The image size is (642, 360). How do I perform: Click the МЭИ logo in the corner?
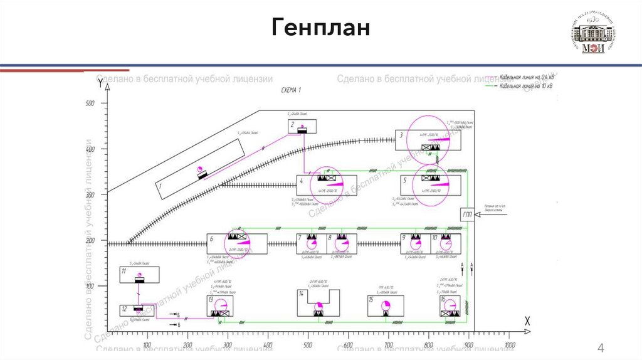(x=593, y=34)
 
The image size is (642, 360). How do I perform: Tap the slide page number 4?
(x=601, y=349)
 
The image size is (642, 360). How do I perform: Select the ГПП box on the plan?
(x=468, y=215)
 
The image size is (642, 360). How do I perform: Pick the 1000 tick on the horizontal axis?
(x=511, y=345)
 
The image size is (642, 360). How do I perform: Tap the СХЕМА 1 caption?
(x=291, y=91)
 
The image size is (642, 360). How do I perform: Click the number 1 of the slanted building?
(x=160, y=186)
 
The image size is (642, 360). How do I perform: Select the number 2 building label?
(x=292, y=125)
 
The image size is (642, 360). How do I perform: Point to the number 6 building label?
(x=212, y=238)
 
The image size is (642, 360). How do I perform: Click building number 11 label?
(x=124, y=271)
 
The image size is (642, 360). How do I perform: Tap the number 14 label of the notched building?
(x=302, y=294)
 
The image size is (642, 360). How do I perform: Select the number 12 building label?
(x=124, y=309)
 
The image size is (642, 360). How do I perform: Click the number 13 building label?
(x=211, y=300)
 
